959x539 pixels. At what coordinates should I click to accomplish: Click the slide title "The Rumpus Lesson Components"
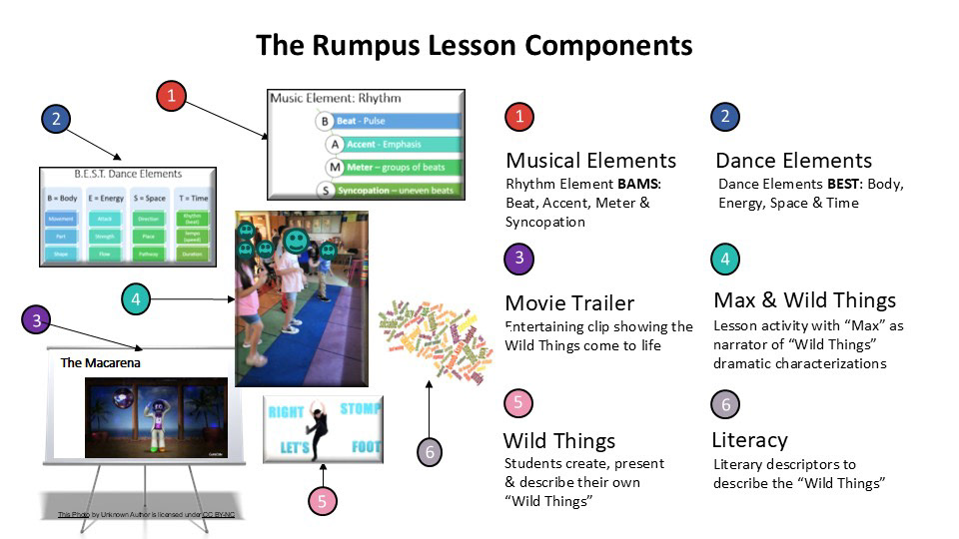click(474, 45)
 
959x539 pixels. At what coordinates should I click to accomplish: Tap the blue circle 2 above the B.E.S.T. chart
click(56, 119)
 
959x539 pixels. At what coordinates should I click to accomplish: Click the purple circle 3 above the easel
click(36, 320)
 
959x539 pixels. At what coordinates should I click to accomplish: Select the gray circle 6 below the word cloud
click(430, 452)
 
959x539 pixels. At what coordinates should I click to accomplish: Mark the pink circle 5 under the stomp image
click(322, 501)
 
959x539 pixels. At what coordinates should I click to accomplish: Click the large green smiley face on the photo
click(295, 240)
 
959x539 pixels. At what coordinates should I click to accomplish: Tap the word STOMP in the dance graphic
click(360, 409)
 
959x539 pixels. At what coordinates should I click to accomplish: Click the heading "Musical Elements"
click(590, 160)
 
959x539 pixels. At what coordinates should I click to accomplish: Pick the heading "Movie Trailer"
click(569, 303)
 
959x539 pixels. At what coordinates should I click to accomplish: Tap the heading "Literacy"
click(749, 440)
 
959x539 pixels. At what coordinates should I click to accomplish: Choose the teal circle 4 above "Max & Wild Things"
click(725, 260)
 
